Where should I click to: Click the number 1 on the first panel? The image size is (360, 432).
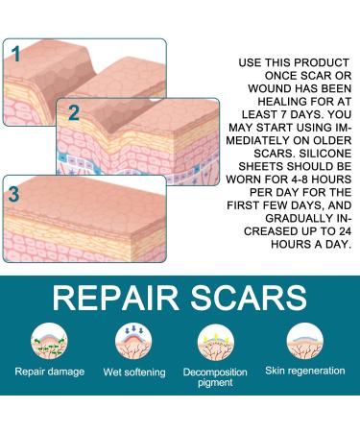16,54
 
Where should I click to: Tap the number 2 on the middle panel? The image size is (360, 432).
73,112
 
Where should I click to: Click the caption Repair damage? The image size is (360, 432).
49,371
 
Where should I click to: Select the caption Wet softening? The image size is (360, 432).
132,371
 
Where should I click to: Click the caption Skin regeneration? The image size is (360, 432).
304,371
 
